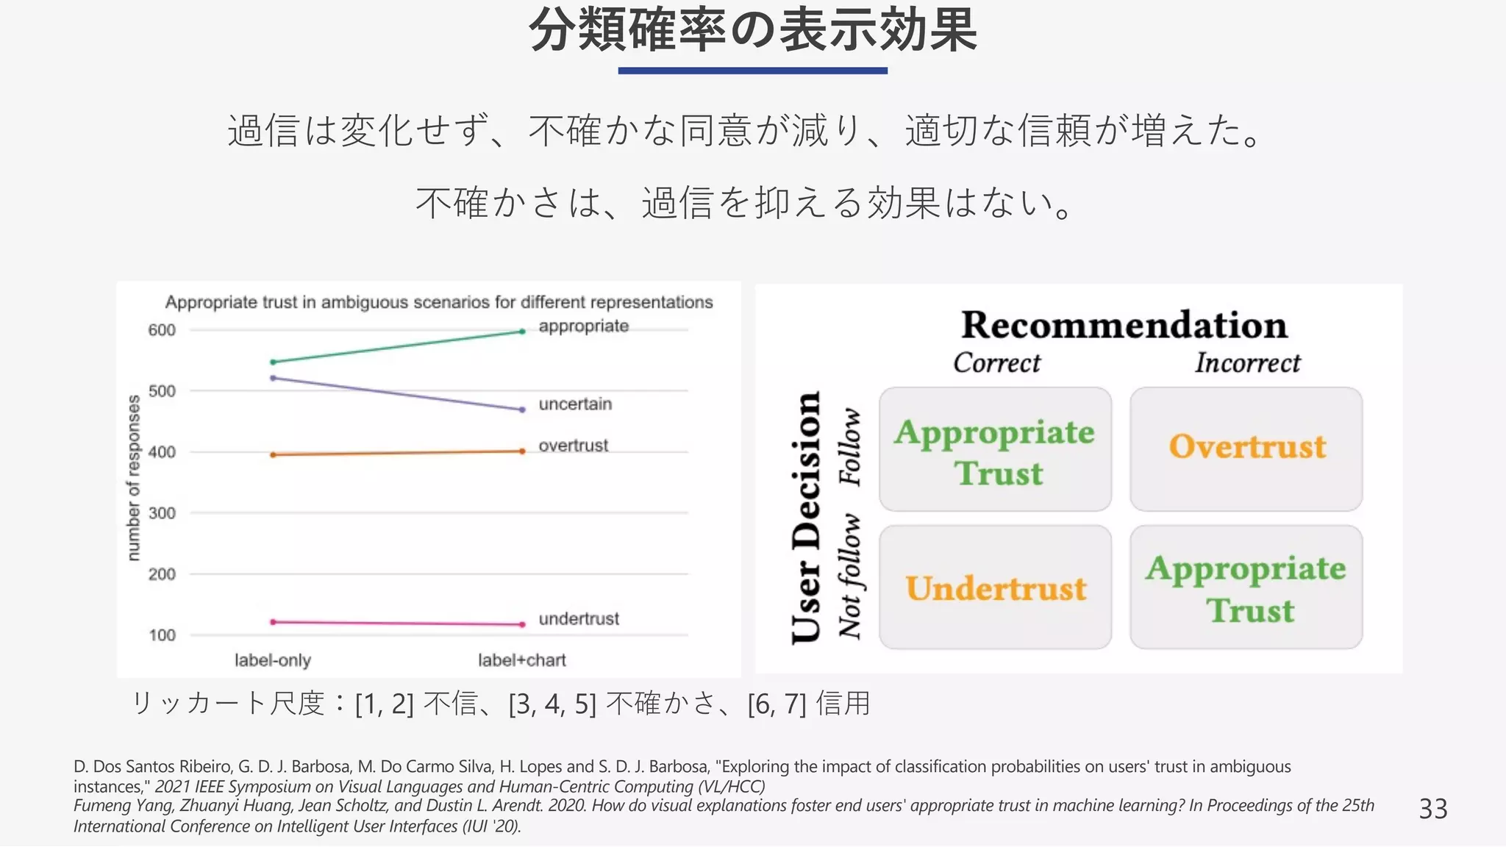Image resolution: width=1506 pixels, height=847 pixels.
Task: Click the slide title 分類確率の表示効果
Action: (x=753, y=31)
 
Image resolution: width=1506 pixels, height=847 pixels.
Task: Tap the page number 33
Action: (x=1432, y=809)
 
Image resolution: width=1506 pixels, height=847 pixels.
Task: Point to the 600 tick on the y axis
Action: (x=162, y=330)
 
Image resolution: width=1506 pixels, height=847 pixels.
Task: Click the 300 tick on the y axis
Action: (x=162, y=513)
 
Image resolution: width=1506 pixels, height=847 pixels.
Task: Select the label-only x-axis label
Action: (x=273, y=660)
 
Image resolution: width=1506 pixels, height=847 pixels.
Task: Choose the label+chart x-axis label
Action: (x=522, y=660)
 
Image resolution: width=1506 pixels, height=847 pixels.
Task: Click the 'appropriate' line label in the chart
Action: (x=583, y=326)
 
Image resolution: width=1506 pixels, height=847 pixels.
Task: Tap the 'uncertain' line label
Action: (x=575, y=404)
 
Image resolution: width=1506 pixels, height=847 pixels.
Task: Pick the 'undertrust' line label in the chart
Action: (x=579, y=619)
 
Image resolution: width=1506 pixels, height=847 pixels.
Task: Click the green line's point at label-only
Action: (x=273, y=362)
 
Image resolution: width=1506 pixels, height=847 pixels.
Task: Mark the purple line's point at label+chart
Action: (x=522, y=410)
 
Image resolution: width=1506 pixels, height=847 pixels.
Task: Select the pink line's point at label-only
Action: (x=273, y=622)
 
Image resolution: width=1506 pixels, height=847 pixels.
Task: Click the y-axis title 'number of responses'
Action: (x=134, y=478)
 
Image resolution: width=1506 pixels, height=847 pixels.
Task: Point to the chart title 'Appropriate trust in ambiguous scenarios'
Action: (x=439, y=302)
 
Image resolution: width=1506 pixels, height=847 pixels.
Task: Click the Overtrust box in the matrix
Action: (x=1246, y=448)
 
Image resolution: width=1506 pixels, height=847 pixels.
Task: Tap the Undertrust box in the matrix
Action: (x=995, y=587)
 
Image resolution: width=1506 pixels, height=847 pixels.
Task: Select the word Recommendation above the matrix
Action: (x=1124, y=325)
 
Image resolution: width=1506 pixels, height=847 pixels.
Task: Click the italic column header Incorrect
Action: (x=1247, y=362)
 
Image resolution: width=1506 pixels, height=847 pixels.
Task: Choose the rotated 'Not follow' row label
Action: (x=850, y=577)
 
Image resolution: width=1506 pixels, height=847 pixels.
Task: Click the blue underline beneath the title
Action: (x=752, y=71)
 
